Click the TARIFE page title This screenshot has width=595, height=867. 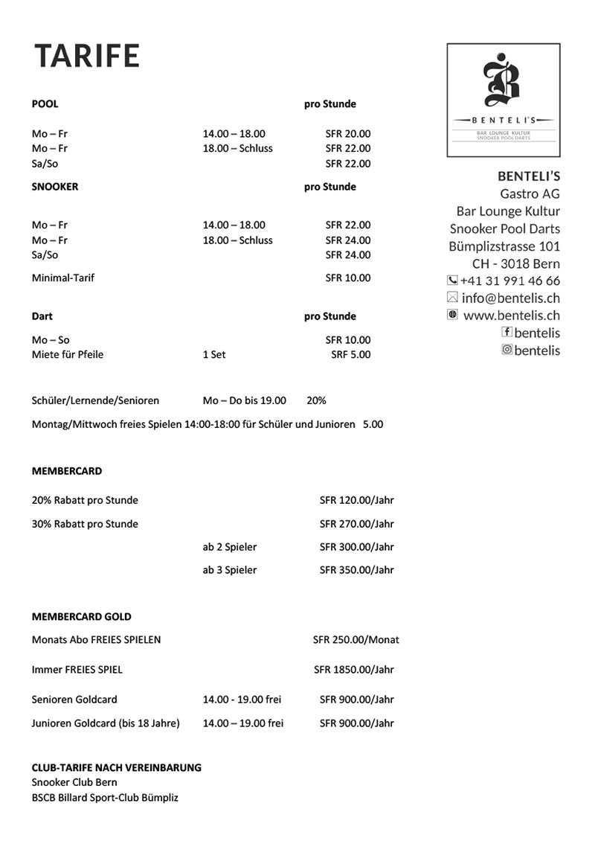point(87,56)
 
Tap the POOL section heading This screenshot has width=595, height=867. point(45,104)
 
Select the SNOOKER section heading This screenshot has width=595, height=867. point(54,187)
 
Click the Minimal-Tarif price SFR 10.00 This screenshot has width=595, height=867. point(347,278)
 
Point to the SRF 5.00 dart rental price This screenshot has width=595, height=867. point(350,355)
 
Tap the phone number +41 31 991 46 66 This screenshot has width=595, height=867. point(510,281)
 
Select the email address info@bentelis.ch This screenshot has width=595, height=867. point(510,298)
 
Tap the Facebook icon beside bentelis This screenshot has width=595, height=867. point(507,333)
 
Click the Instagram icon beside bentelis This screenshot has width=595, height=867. point(507,350)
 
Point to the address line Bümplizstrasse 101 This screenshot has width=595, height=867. point(504,246)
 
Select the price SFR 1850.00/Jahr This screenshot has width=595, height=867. point(353,670)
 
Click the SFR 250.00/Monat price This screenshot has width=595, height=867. point(356,640)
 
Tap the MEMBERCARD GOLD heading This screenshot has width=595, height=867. point(81,617)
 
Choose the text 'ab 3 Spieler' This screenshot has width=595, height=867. point(229,570)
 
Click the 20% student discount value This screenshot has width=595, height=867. point(316,400)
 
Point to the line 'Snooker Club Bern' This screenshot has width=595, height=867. point(74,782)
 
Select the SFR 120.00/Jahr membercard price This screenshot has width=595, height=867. point(356,501)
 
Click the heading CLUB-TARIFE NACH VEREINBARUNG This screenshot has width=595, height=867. point(116,767)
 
